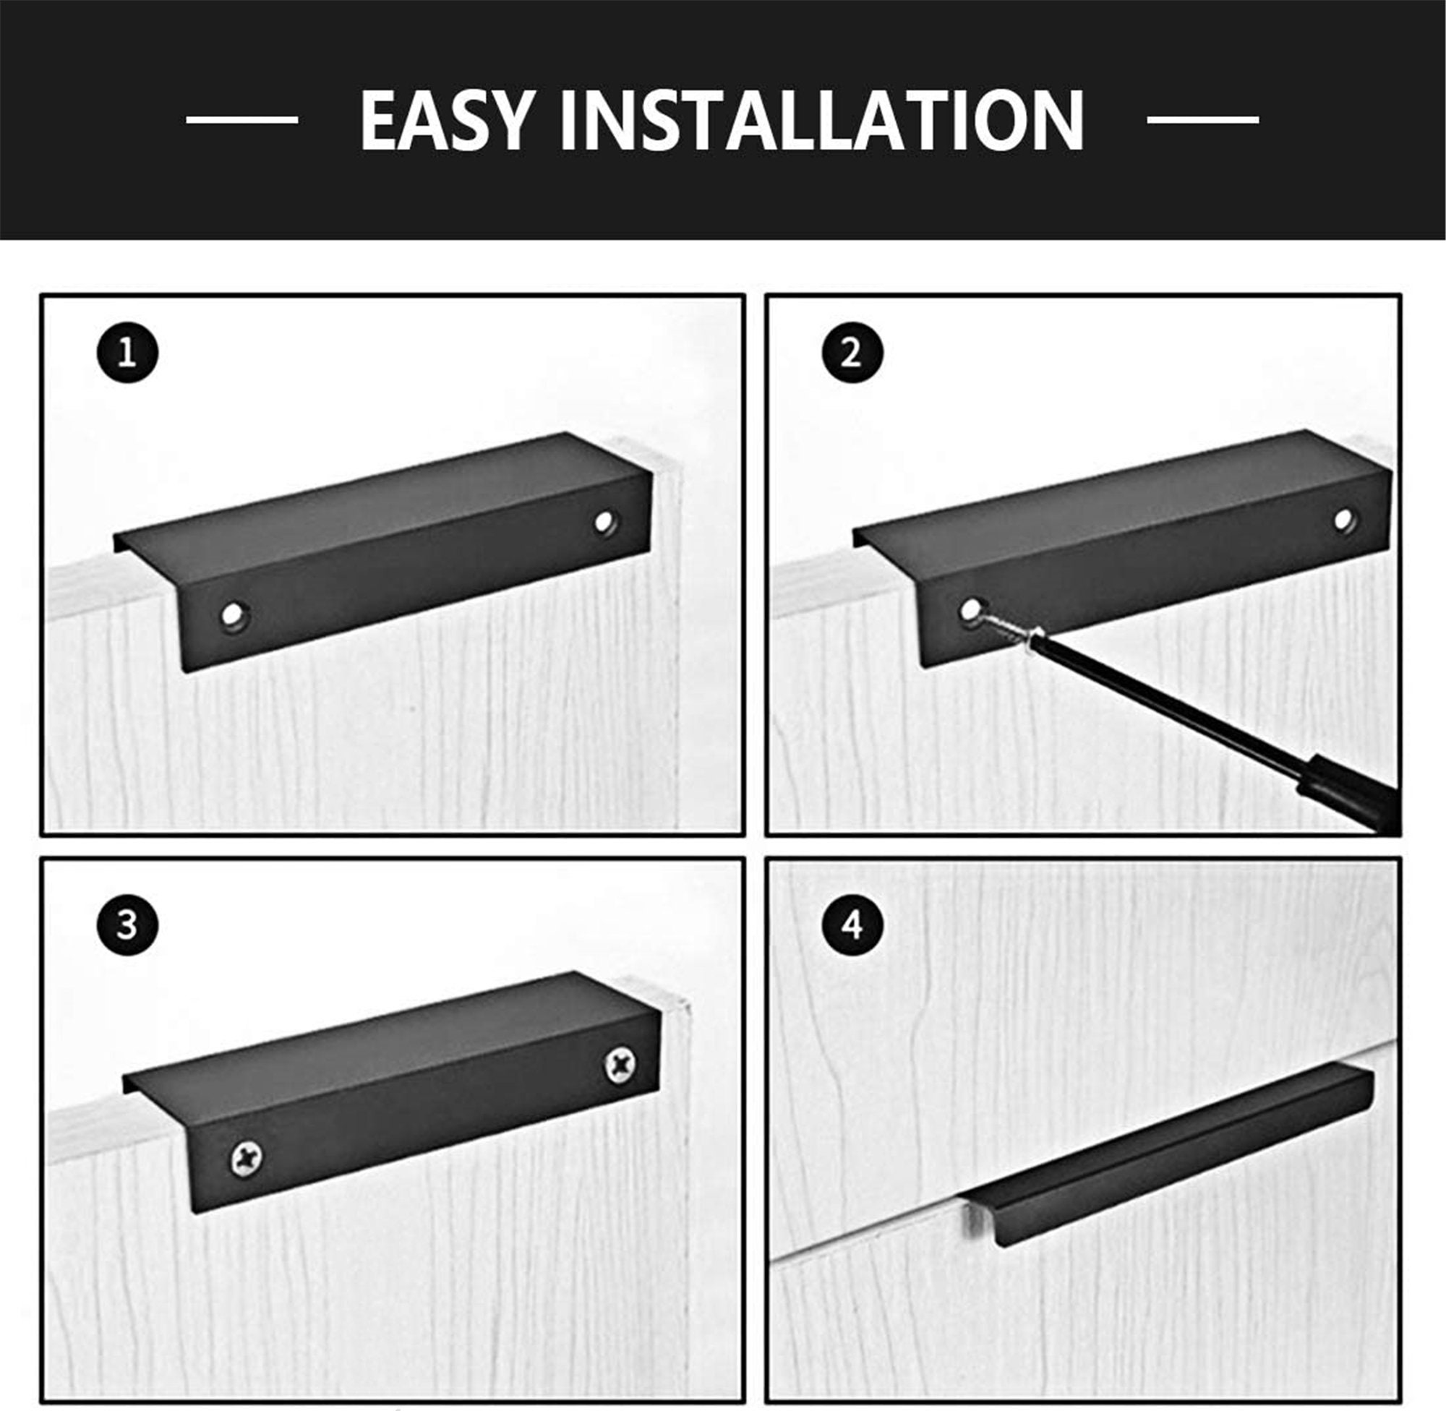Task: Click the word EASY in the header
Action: [x=447, y=120]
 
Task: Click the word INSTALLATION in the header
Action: [x=823, y=120]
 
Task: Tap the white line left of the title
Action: [x=241, y=119]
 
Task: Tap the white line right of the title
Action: [x=1203, y=119]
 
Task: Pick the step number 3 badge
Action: [x=127, y=925]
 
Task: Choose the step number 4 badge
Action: [x=852, y=925]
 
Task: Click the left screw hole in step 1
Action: [x=235, y=615]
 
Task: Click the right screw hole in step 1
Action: [x=607, y=522]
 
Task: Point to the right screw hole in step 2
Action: [x=1344, y=520]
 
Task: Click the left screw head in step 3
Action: [x=247, y=1159]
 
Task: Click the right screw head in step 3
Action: [x=620, y=1065]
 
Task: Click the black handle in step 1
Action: [x=383, y=552]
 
